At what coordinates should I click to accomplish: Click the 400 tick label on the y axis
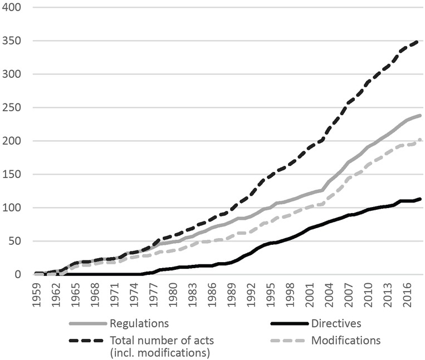point(12,8)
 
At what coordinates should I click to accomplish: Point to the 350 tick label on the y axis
point(12,41)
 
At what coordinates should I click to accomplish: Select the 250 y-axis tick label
point(12,108)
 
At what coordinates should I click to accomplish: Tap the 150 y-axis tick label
point(12,175)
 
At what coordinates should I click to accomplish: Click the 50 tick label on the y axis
point(15,241)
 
